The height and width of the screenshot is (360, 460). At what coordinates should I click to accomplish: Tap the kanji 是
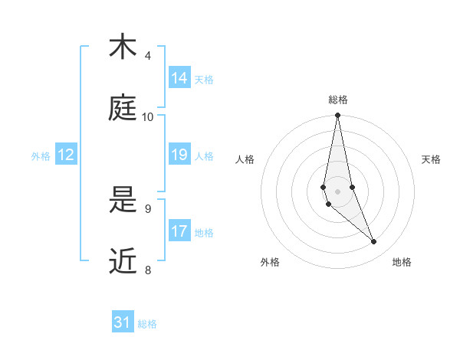(x=123, y=200)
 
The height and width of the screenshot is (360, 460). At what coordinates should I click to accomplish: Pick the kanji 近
(x=123, y=261)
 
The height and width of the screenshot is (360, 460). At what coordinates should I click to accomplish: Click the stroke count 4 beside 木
(x=148, y=56)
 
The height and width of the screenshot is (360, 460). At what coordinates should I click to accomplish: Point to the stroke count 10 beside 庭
(x=148, y=117)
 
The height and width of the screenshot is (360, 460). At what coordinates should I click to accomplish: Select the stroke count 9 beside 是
(x=148, y=208)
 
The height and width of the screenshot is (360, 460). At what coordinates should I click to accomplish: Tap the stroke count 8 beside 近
(x=148, y=270)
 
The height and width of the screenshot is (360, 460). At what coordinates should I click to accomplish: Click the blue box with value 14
(x=179, y=78)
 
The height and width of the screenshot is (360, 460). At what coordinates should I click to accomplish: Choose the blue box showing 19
(x=179, y=155)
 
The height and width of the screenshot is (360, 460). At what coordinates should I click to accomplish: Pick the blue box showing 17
(x=179, y=231)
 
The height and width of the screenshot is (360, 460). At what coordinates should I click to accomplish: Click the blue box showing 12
(x=66, y=155)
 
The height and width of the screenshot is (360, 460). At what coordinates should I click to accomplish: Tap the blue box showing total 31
(x=123, y=322)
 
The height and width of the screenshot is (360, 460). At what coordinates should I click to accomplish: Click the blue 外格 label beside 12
(x=41, y=156)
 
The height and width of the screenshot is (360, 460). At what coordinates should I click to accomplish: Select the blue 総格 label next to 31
(x=147, y=324)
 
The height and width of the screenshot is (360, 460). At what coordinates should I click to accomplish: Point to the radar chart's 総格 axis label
(x=338, y=100)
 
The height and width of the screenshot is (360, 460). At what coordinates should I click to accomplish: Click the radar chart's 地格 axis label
(x=402, y=263)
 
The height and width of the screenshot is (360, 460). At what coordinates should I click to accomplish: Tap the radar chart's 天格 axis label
(x=431, y=159)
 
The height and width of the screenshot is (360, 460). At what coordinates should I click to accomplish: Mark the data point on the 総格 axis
(x=337, y=116)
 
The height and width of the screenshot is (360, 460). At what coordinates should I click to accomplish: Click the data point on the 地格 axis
(x=374, y=242)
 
